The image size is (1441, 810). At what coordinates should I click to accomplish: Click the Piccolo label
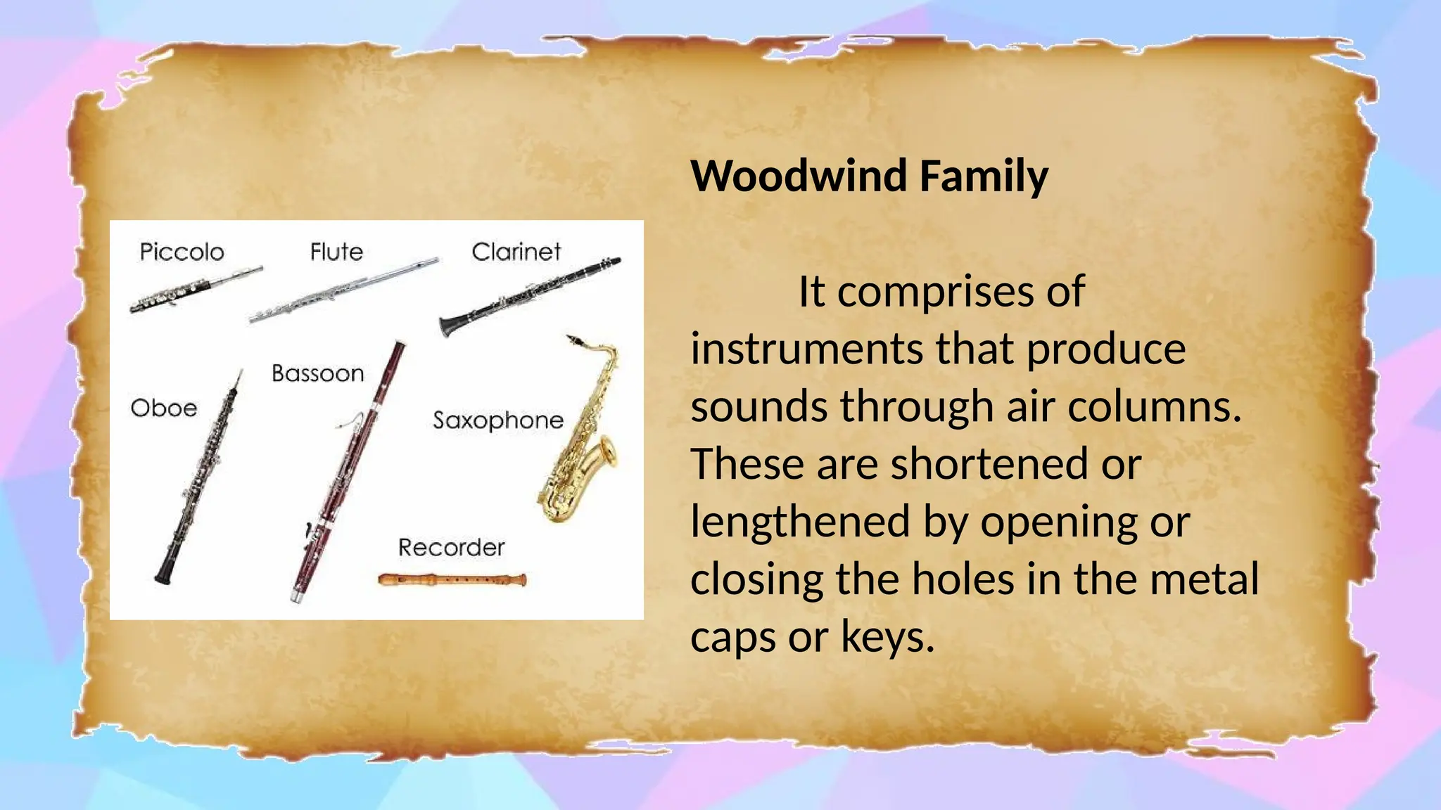coord(182,252)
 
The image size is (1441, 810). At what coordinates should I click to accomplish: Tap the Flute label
coord(336,252)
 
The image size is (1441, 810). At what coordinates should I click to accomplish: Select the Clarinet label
coord(516,252)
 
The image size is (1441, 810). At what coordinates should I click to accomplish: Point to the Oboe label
coord(163,409)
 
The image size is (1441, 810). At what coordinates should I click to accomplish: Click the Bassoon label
coord(317,373)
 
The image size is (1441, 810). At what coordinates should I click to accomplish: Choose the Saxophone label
coord(497,420)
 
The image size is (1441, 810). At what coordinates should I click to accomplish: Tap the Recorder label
coord(451,548)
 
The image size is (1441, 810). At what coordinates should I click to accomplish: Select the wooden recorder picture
coord(452,580)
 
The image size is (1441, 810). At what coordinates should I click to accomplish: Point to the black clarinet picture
coord(529,295)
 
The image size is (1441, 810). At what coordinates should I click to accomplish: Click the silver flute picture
coord(343,290)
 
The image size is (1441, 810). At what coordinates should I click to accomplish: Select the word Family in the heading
coord(984,177)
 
